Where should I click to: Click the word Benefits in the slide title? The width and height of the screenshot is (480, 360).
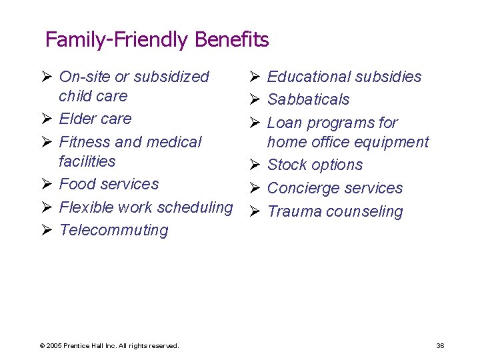tap(232, 40)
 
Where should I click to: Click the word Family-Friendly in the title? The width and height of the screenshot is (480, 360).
tap(117, 41)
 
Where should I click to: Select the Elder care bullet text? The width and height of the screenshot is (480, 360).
tap(95, 119)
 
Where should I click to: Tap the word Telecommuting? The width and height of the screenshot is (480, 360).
tap(113, 231)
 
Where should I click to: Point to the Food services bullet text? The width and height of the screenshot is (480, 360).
tap(109, 184)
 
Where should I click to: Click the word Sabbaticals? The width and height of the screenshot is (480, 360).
tap(308, 99)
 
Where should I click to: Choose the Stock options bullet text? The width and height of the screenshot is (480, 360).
tap(315, 165)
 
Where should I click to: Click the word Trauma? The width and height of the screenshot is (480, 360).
tap(291, 211)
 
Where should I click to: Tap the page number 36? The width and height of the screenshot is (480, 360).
tap(440, 345)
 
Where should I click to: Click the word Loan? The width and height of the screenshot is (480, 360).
tap(285, 123)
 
